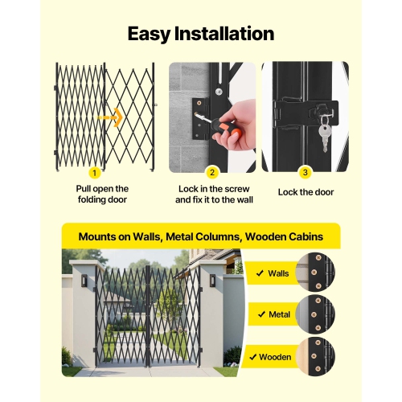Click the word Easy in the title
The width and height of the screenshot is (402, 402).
click(153, 34)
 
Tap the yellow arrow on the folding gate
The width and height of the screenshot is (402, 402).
click(113, 117)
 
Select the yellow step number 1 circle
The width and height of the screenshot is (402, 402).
click(95, 171)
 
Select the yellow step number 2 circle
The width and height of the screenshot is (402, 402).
click(212, 171)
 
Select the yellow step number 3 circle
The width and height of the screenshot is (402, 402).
click(305, 171)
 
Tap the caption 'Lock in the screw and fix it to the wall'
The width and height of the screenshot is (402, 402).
click(212, 193)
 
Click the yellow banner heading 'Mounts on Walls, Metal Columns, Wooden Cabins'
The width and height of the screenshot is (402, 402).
click(201, 237)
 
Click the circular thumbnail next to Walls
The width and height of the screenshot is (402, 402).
click(316, 273)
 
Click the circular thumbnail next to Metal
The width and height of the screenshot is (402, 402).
click(316, 314)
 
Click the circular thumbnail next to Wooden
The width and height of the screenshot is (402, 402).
click(316, 355)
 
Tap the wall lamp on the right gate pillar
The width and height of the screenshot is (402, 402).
click(211, 281)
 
